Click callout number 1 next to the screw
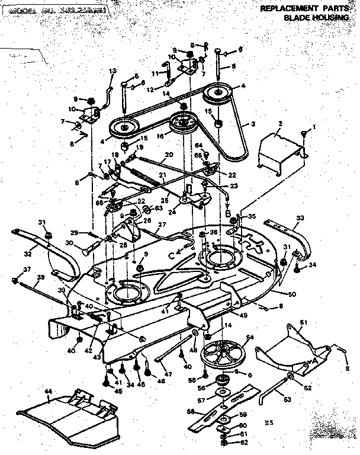315,126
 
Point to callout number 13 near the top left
112,71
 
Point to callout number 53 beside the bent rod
288,400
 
